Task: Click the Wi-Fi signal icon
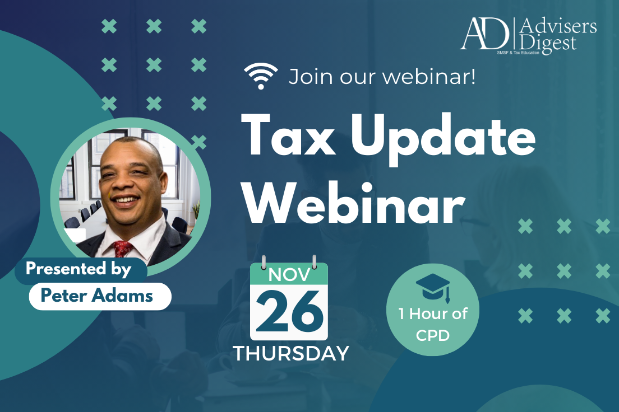[x=261, y=76]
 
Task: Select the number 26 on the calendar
[x=289, y=312]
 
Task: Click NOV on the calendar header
[x=289, y=275]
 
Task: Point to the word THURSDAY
[x=291, y=353]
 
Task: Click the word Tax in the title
[x=289, y=135]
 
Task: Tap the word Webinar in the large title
[x=354, y=203]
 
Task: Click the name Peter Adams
[x=96, y=296]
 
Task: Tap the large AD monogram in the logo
[x=485, y=34]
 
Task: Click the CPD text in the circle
[x=433, y=335]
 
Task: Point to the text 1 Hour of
[x=433, y=314]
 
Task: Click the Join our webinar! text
[x=382, y=77]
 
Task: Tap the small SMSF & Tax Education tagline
[x=518, y=53]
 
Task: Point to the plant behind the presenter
[x=196, y=212]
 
